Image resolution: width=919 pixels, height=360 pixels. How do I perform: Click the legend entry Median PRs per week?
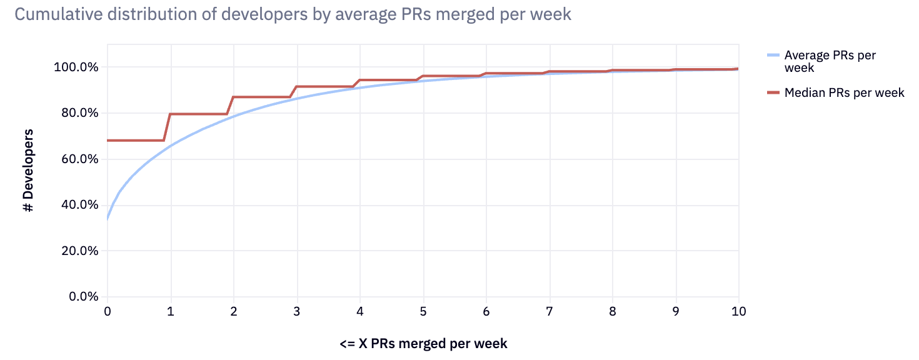(x=844, y=92)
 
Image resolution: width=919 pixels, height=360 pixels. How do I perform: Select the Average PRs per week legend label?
(x=830, y=61)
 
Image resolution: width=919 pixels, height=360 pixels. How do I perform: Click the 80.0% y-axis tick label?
(x=79, y=113)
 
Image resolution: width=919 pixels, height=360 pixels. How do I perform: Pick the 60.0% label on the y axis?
(x=79, y=159)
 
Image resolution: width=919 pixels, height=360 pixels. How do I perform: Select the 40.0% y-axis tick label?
(x=79, y=204)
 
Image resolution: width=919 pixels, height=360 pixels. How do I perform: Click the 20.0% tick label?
(x=79, y=251)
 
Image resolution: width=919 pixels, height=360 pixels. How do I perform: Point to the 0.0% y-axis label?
(x=83, y=296)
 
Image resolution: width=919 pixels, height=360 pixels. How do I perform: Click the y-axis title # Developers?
(x=29, y=170)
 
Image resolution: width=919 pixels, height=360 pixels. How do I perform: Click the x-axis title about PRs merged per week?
(x=423, y=343)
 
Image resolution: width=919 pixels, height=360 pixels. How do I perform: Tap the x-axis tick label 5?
(x=423, y=311)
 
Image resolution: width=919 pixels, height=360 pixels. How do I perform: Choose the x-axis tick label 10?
(x=738, y=311)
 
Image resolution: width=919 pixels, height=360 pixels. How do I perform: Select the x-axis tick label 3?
(x=297, y=311)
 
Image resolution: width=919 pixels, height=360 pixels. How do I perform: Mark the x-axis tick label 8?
(x=613, y=311)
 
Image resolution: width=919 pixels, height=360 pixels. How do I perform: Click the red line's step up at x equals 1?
(x=168, y=127)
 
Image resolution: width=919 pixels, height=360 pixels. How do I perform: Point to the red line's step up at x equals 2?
(x=230, y=106)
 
